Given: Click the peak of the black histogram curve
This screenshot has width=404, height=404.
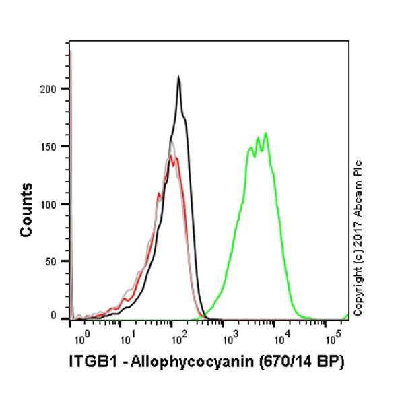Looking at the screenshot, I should (x=178, y=77).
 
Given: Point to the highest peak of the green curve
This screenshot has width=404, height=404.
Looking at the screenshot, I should (x=266, y=133).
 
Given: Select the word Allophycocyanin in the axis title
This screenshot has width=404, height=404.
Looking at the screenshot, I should (x=174, y=363).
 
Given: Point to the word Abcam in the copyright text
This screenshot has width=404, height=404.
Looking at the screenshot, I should (x=358, y=196).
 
